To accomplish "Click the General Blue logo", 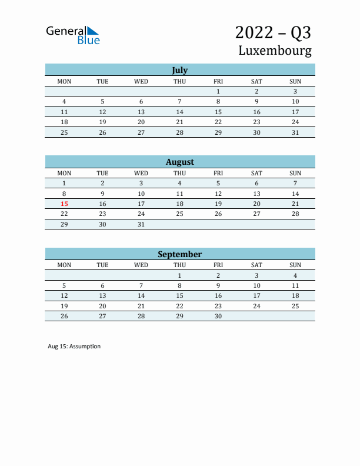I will pyautogui.click(x=73, y=35).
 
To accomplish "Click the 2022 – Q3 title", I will pyautogui.click(x=273, y=32).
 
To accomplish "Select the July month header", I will pyautogui.click(x=179, y=70).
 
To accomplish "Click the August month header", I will pyautogui.click(x=179, y=162).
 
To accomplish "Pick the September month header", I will pyautogui.click(x=179, y=254).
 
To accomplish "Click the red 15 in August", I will pyautogui.click(x=64, y=204).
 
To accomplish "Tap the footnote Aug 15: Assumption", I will pyautogui.click(x=74, y=347).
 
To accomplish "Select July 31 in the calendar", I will pyautogui.click(x=295, y=132).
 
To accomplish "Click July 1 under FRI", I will pyautogui.click(x=218, y=91).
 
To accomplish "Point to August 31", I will pyautogui.click(x=141, y=224).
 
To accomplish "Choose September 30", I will pyautogui.click(x=218, y=316).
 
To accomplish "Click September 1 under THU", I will pyautogui.click(x=179, y=275).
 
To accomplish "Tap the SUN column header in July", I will pyautogui.click(x=295, y=81).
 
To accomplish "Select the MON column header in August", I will pyautogui.click(x=64, y=173).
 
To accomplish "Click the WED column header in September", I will pyautogui.click(x=141, y=265).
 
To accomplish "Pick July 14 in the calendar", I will pyautogui.click(x=179, y=112).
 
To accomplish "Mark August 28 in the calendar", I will pyautogui.click(x=295, y=214).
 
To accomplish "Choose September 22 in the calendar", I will pyautogui.click(x=179, y=306).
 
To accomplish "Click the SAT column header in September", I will pyautogui.click(x=256, y=265).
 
